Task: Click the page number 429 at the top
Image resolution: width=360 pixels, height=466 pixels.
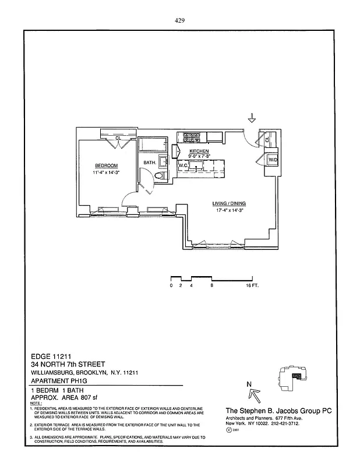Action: pyautogui.click(x=179, y=20)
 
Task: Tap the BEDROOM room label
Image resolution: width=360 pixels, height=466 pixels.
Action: pyautogui.click(x=107, y=165)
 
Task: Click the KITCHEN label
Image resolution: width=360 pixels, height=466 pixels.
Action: pyautogui.click(x=199, y=151)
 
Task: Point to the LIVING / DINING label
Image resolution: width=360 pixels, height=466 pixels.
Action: pyautogui.click(x=231, y=203)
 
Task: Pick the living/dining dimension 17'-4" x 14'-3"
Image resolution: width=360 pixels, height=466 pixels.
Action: pyautogui.click(x=231, y=210)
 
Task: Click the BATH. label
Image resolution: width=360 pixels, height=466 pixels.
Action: pyautogui.click(x=150, y=163)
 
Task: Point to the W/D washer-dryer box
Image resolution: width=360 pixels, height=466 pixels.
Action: pyautogui.click(x=272, y=160)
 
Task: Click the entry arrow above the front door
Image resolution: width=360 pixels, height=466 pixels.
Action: pyautogui.click(x=252, y=118)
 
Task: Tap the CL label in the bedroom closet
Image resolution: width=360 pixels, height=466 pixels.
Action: pyautogui.click(x=118, y=138)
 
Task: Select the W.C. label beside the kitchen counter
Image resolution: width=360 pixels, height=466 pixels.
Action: pyautogui.click(x=182, y=165)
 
